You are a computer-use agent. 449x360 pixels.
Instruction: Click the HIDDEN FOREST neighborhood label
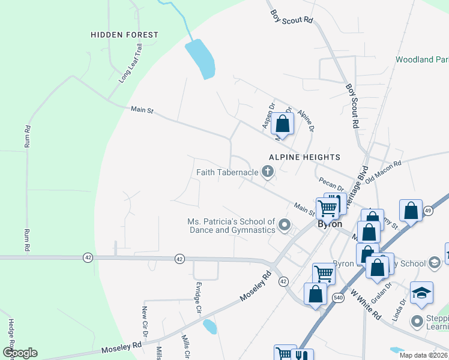tap(124, 35)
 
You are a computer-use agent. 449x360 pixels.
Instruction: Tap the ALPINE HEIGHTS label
tap(304, 157)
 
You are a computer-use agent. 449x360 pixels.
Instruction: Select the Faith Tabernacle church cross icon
tap(267, 173)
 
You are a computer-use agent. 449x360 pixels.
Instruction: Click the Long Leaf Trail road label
tap(131, 63)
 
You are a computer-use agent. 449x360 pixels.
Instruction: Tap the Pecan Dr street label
tap(331, 184)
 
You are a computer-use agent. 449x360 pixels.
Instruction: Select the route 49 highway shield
tap(428, 211)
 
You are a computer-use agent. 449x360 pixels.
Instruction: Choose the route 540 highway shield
tap(339, 296)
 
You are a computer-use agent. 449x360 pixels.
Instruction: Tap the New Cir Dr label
tap(145, 321)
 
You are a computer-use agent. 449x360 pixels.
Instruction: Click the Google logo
tap(20, 353)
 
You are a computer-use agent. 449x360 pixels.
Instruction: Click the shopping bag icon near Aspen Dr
tap(283, 124)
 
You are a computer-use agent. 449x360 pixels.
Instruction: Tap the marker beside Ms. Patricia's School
tap(285, 226)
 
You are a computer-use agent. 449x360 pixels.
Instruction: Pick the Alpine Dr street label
tap(306, 120)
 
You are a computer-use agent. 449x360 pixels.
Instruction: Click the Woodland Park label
tap(422, 60)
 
